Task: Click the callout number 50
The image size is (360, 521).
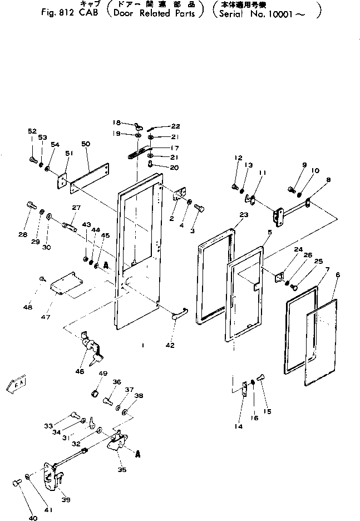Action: pyautogui.click(x=85, y=144)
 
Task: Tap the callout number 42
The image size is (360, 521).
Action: pyautogui.click(x=170, y=346)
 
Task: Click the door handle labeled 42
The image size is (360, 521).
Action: pyautogui.click(x=180, y=316)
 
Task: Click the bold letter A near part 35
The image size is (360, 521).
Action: pyautogui.click(x=137, y=453)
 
